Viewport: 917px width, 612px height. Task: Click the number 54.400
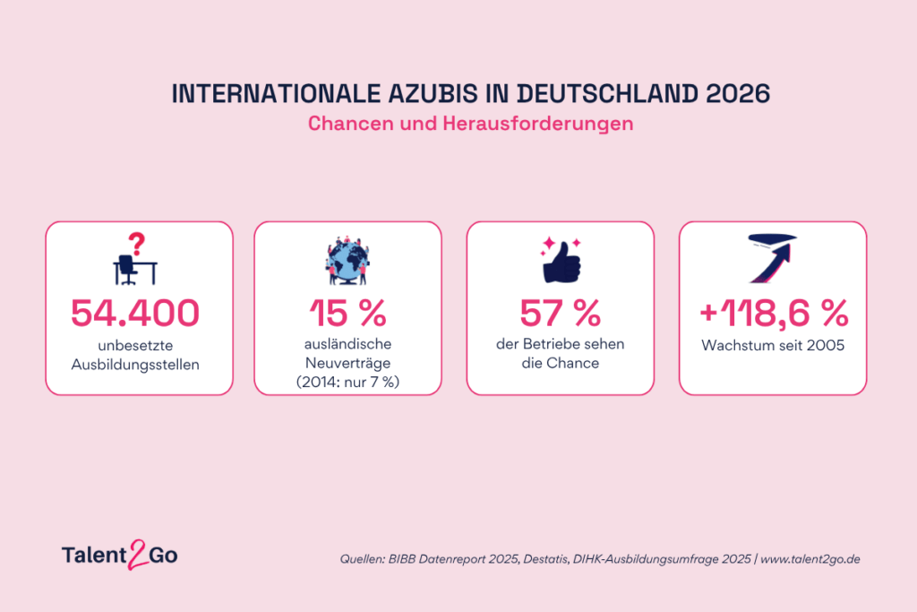pyautogui.click(x=135, y=313)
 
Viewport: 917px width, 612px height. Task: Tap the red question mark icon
pyautogui.click(x=137, y=244)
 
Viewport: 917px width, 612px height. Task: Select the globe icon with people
pyautogui.click(x=347, y=261)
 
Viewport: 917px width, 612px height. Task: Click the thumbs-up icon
pyautogui.click(x=561, y=261)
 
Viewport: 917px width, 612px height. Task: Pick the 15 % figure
pyautogui.click(x=348, y=313)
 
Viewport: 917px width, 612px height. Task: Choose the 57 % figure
pyautogui.click(x=561, y=313)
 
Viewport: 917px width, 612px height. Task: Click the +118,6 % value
pyautogui.click(x=774, y=313)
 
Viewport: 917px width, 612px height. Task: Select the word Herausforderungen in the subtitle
pyautogui.click(x=538, y=124)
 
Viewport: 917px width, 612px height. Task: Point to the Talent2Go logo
pyautogui.click(x=120, y=555)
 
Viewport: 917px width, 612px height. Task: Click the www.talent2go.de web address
pyautogui.click(x=810, y=559)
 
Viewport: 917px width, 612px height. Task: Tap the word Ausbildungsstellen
pyautogui.click(x=135, y=365)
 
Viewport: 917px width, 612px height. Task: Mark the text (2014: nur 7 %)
pyautogui.click(x=348, y=382)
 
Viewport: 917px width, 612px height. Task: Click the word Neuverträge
pyautogui.click(x=348, y=363)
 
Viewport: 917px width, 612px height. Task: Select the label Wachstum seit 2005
pyautogui.click(x=773, y=345)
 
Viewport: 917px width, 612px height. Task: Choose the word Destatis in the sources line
pyautogui.click(x=545, y=559)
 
